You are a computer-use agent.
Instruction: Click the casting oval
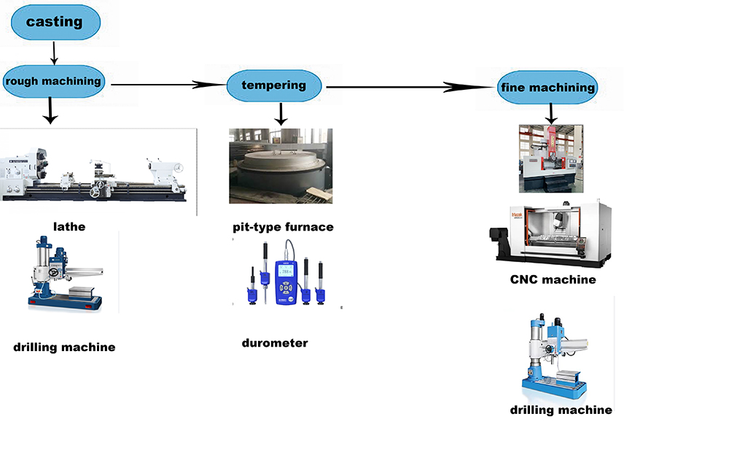(x=55, y=22)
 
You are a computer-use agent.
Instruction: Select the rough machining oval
(x=53, y=81)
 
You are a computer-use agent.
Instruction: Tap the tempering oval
(x=274, y=85)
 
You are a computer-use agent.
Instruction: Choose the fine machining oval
(x=547, y=88)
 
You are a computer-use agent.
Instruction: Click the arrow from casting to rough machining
(x=54, y=53)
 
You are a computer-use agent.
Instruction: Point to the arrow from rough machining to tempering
(x=168, y=85)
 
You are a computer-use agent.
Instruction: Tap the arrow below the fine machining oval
(x=552, y=112)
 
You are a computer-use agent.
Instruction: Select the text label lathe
(x=69, y=226)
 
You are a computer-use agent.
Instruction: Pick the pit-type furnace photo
(x=281, y=166)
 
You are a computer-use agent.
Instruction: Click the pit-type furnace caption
(x=283, y=227)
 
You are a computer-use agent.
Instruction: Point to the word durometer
(x=275, y=342)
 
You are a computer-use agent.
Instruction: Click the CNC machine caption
(x=553, y=280)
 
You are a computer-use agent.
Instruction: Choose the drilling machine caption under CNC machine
(x=561, y=410)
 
